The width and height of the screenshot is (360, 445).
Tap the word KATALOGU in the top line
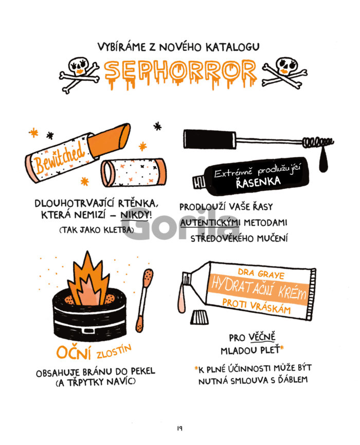click(x=232, y=47)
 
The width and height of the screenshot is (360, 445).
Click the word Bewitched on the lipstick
click(x=59, y=157)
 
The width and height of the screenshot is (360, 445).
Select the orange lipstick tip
click(x=110, y=139)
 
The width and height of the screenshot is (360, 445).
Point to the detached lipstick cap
click(x=134, y=172)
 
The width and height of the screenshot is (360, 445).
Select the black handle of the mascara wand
click(x=210, y=139)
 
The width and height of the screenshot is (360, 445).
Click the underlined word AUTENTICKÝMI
click(x=210, y=223)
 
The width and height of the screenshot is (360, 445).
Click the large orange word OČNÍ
click(x=74, y=352)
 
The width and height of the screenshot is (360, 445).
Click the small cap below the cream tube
click(x=200, y=317)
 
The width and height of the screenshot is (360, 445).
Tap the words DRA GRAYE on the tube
click(x=261, y=274)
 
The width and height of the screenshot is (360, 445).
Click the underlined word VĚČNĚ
click(x=262, y=337)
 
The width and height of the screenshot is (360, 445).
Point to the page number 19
click(x=180, y=428)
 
